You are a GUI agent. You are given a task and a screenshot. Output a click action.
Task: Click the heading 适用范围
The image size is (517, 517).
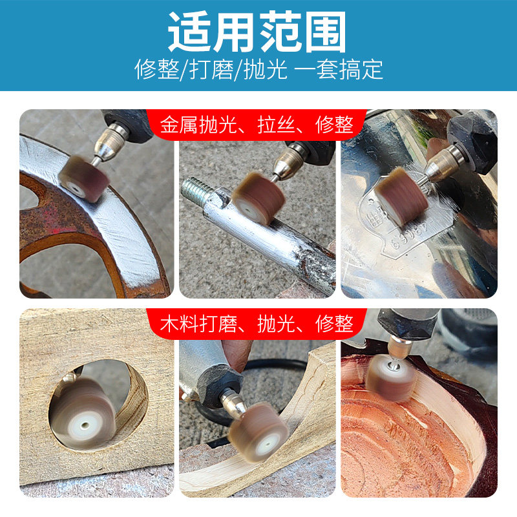click(x=258, y=33)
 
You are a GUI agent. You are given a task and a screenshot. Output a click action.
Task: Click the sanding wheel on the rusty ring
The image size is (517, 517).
click(x=81, y=178)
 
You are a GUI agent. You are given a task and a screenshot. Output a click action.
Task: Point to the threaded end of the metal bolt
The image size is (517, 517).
click(x=193, y=190)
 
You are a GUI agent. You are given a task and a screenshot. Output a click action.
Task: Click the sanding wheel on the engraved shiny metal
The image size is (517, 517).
click(x=401, y=196)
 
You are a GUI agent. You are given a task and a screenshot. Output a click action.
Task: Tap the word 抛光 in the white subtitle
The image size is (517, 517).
click(x=266, y=69)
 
